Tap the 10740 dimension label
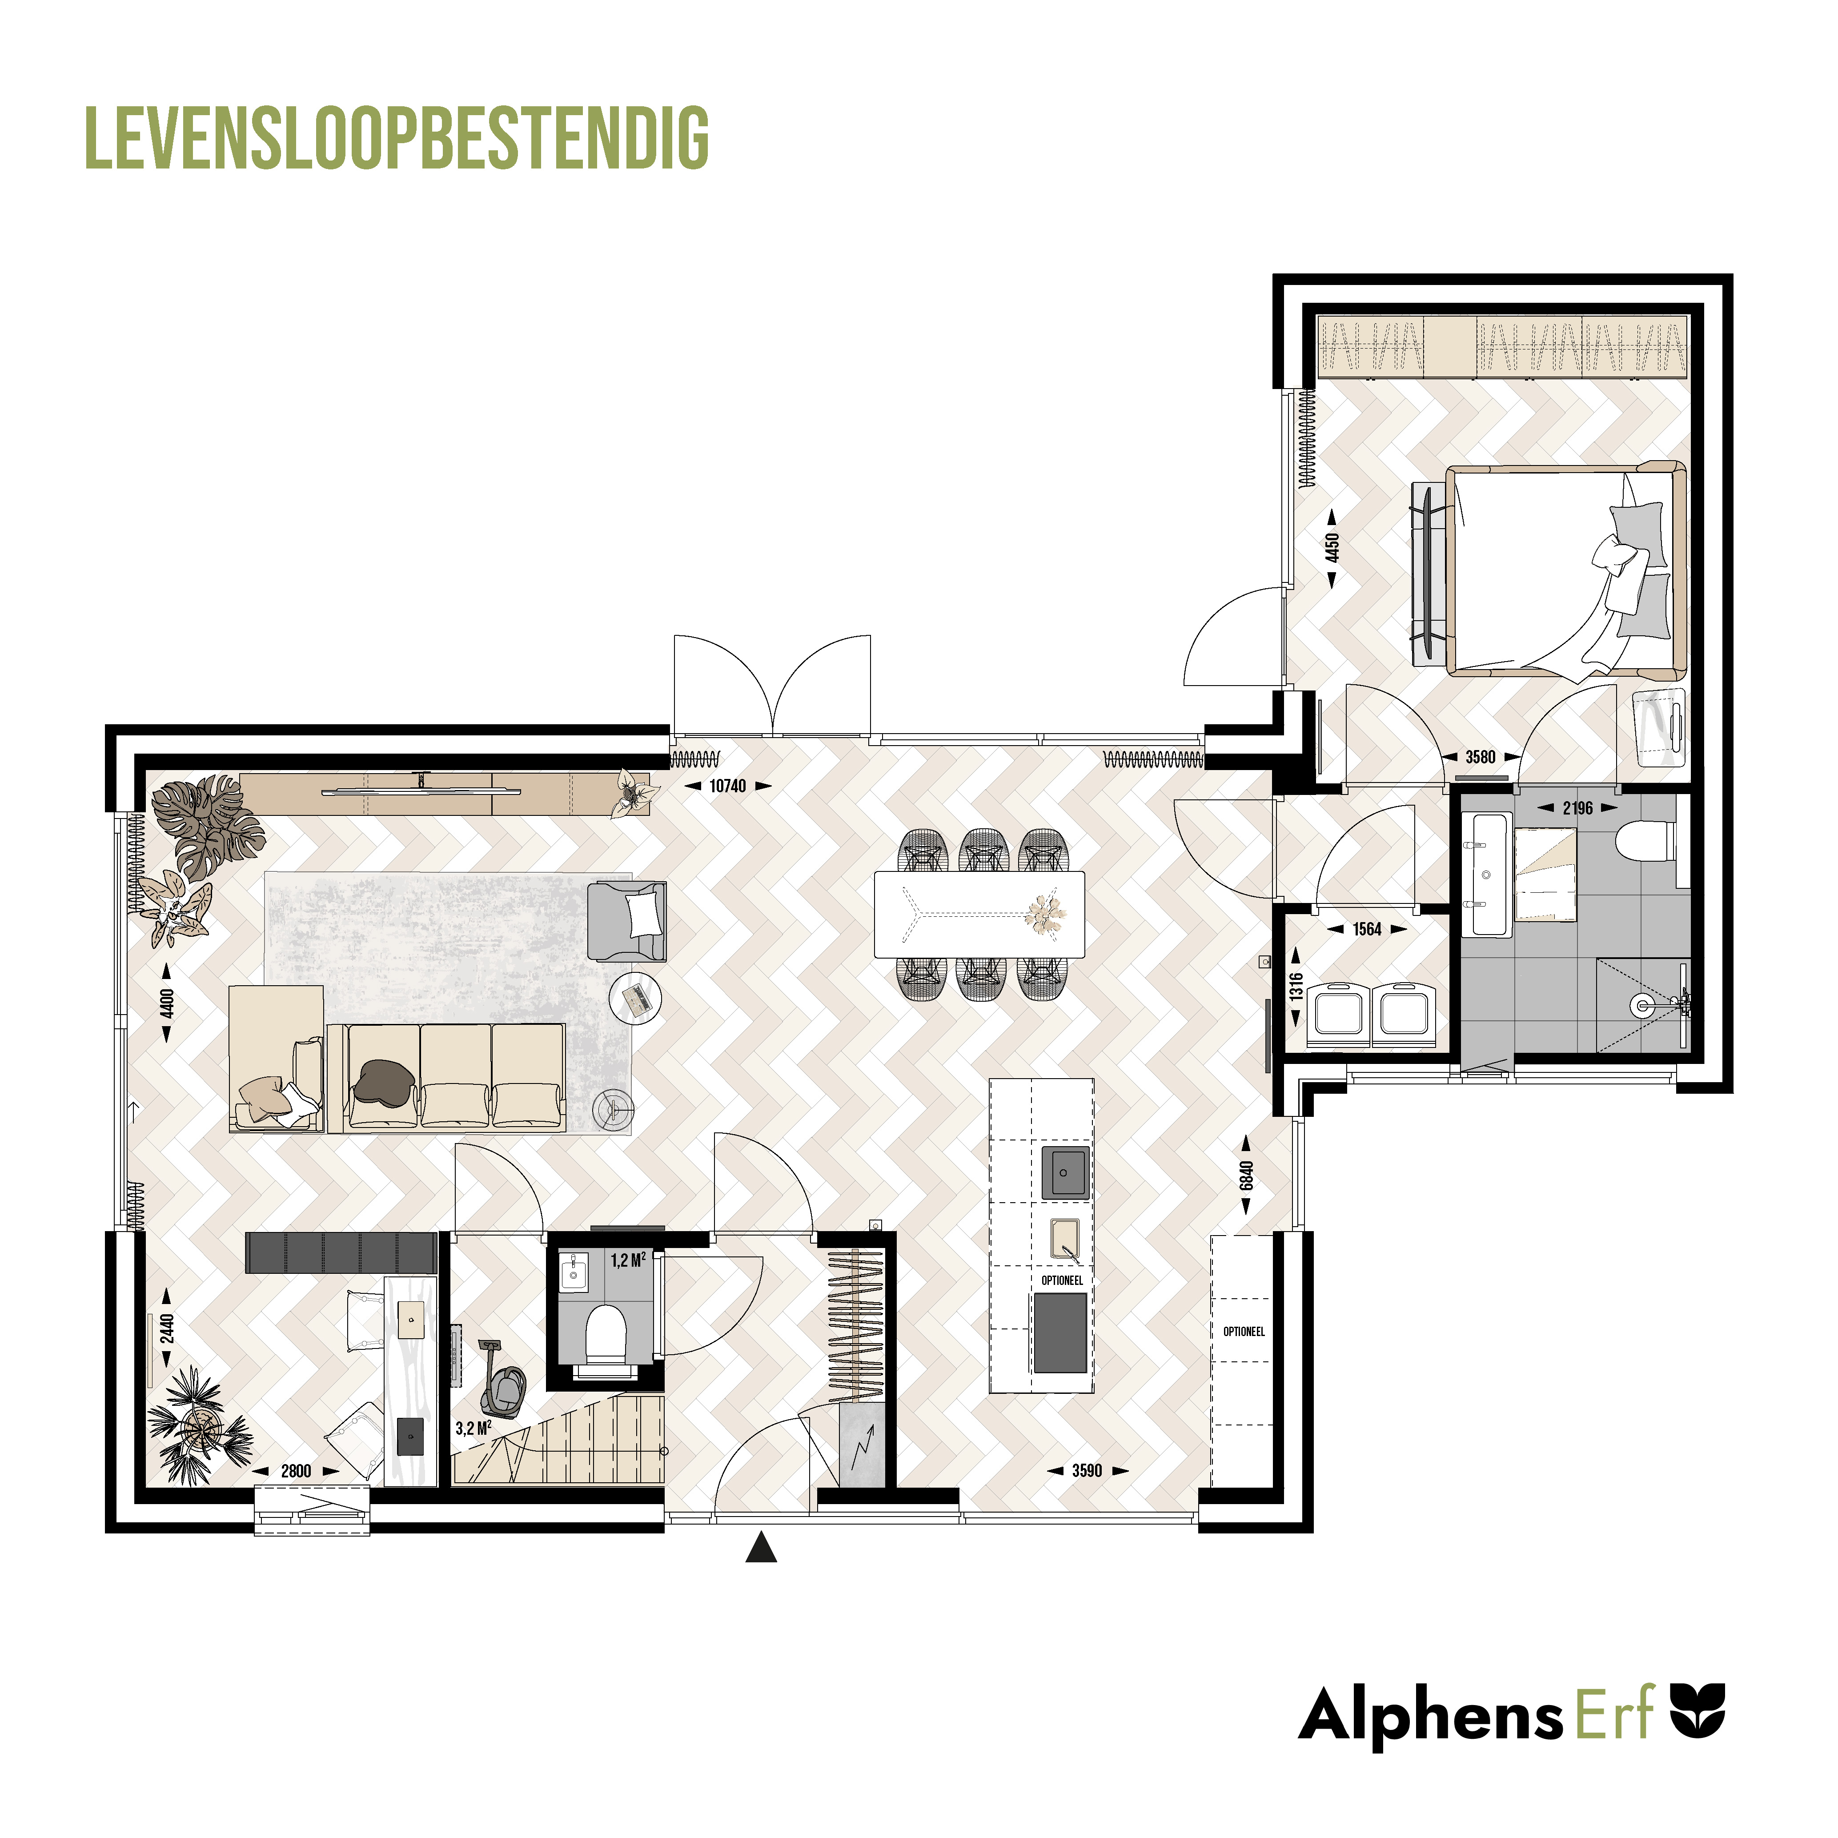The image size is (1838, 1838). tap(728, 786)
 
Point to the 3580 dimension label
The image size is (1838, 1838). tap(1480, 757)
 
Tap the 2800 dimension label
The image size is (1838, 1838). tap(296, 1471)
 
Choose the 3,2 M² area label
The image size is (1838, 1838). tap(473, 1428)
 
